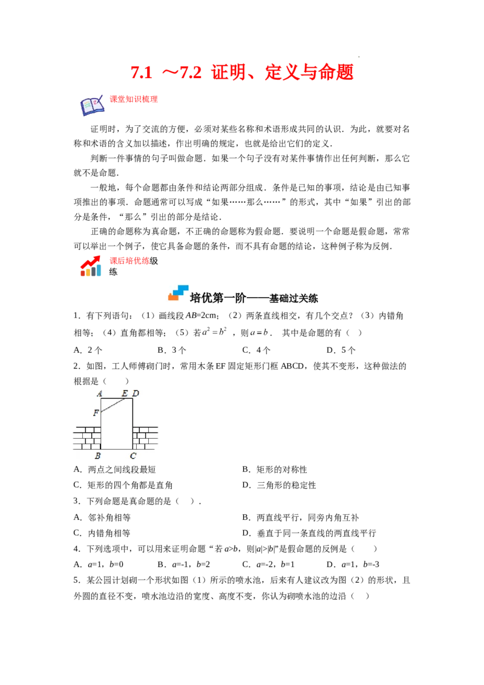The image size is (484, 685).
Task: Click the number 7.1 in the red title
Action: click(x=143, y=73)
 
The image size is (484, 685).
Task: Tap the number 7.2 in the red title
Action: click(x=189, y=73)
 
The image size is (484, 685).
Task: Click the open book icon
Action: click(x=92, y=106)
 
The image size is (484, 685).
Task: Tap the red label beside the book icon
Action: click(x=133, y=99)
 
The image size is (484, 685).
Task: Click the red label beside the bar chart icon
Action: click(x=129, y=261)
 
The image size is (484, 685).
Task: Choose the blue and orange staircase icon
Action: click(x=178, y=292)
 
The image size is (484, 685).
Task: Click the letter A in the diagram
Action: click(x=100, y=393)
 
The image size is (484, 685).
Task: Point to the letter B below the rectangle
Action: click(x=97, y=456)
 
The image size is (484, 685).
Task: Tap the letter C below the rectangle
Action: click(x=133, y=456)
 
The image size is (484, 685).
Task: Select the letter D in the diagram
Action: click(x=136, y=393)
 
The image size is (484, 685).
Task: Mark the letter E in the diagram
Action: click(x=125, y=393)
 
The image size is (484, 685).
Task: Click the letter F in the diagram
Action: click(x=96, y=413)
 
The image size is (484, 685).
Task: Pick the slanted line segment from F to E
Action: click(x=114, y=405)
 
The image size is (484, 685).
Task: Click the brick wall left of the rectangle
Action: click(x=87, y=438)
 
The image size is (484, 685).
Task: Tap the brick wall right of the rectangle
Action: click(x=145, y=438)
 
